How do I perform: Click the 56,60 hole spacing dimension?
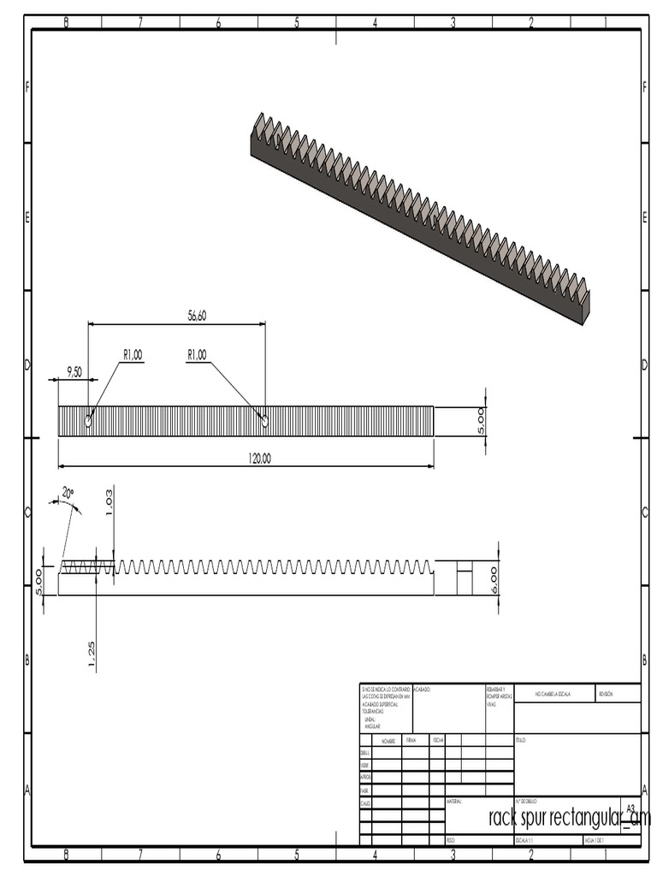point(197,316)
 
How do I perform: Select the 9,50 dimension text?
point(74,371)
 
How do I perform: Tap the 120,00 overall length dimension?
point(260,459)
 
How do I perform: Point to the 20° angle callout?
point(68,493)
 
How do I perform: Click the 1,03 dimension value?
point(108,502)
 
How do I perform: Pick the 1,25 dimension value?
point(92,654)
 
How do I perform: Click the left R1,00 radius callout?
point(132,355)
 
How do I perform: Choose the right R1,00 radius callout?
point(197,355)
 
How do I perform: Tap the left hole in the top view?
point(88,421)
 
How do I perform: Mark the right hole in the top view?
point(264,420)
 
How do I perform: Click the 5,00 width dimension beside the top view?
point(481,421)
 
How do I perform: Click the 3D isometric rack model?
point(419,218)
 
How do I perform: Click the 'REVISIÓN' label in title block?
point(606,694)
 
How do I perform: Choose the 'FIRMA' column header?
point(411,739)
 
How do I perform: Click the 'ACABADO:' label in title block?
point(422,689)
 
